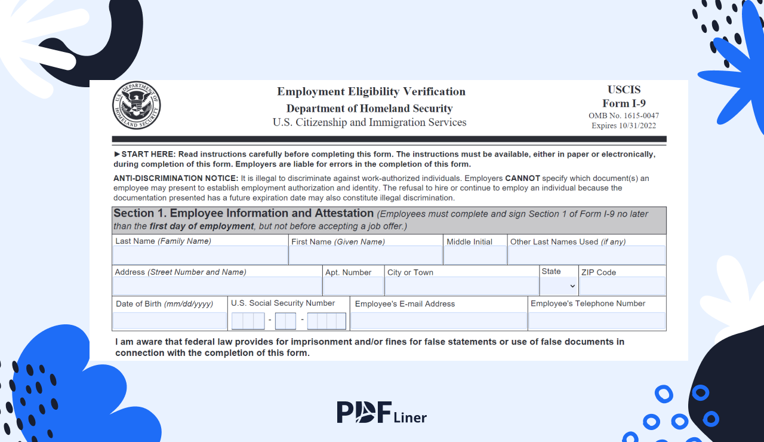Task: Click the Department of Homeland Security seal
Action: coord(137,106)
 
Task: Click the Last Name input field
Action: coord(200,255)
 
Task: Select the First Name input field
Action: coord(366,255)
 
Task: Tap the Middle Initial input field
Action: coord(475,255)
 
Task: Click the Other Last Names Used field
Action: coord(586,255)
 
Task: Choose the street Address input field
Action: coord(217,286)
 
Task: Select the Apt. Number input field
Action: coord(353,286)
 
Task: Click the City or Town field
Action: coord(461,286)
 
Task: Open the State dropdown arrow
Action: coord(572,287)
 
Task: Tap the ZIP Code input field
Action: coord(622,286)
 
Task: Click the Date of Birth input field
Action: coord(170,321)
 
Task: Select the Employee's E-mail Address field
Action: coord(439,321)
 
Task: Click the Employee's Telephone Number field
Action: coord(597,321)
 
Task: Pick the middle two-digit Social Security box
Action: coord(285,321)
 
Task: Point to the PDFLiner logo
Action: coord(381,412)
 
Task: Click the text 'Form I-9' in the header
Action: coord(624,103)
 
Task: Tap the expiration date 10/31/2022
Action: coord(635,125)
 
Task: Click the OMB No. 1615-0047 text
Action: coord(624,116)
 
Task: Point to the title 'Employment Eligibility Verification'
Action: coord(371,91)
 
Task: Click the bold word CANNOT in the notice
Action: coord(522,178)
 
